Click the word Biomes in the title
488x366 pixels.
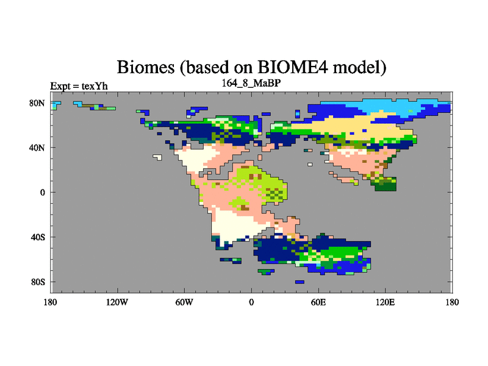(x=145, y=67)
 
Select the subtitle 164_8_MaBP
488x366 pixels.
(x=251, y=84)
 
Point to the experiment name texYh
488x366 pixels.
(x=95, y=86)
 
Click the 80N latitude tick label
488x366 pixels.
(x=37, y=103)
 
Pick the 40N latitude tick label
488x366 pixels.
(x=37, y=148)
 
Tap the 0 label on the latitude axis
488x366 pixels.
(x=42, y=192)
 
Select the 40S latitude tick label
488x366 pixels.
(x=38, y=237)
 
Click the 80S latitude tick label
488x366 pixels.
(x=38, y=282)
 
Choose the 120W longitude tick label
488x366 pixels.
(x=117, y=302)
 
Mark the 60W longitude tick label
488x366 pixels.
(x=184, y=302)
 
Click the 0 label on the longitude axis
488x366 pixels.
(x=251, y=302)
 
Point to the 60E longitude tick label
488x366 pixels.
(x=318, y=302)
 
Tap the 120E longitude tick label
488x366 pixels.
(x=386, y=302)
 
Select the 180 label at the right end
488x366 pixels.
(x=452, y=302)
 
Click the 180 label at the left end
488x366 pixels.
(x=51, y=302)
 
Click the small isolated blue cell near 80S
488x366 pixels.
(x=300, y=282)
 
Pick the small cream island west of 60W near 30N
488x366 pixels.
(x=157, y=157)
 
